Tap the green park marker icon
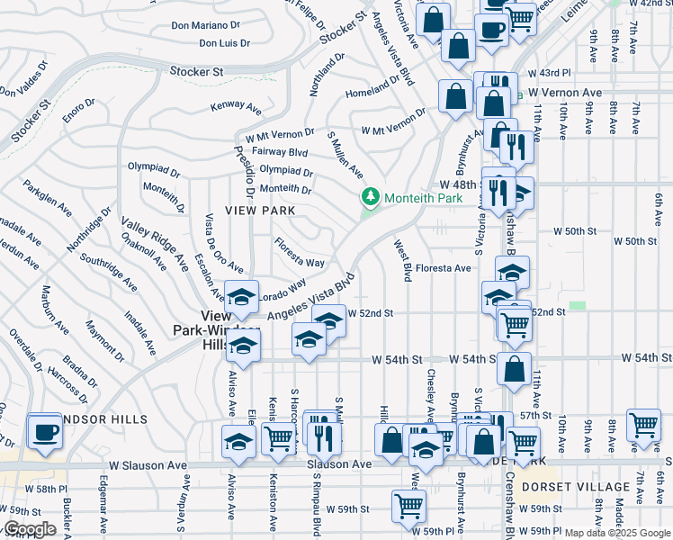pos(369,197)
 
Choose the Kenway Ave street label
pos(236,106)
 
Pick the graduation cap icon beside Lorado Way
pos(241,298)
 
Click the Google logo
pos(29,529)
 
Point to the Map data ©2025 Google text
pos(616,534)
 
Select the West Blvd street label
pos(402,260)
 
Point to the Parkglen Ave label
pos(48,200)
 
